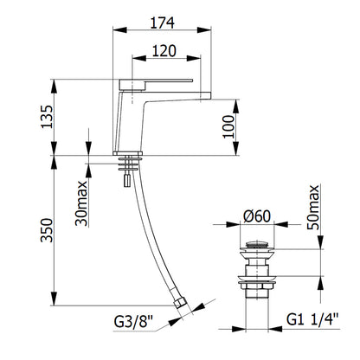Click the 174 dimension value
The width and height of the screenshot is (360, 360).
click(x=162, y=23)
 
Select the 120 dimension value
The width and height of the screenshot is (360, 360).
click(x=164, y=51)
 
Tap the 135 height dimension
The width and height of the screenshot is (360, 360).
click(x=47, y=117)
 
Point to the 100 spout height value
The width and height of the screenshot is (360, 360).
click(x=229, y=126)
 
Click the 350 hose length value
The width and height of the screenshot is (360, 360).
click(x=47, y=230)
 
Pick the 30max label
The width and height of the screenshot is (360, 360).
click(x=81, y=203)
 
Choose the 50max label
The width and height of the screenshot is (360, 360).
click(x=313, y=207)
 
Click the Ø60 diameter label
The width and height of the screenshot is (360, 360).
click(x=257, y=216)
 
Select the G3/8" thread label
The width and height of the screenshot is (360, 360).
click(x=133, y=321)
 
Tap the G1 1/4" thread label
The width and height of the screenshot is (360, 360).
click(x=312, y=319)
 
